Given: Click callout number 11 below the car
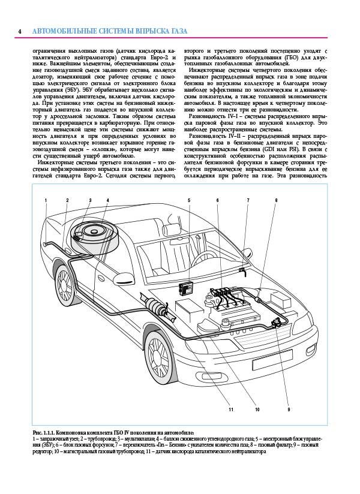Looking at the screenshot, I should tap(230, 409).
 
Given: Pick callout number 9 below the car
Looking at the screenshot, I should tap(288, 409).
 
